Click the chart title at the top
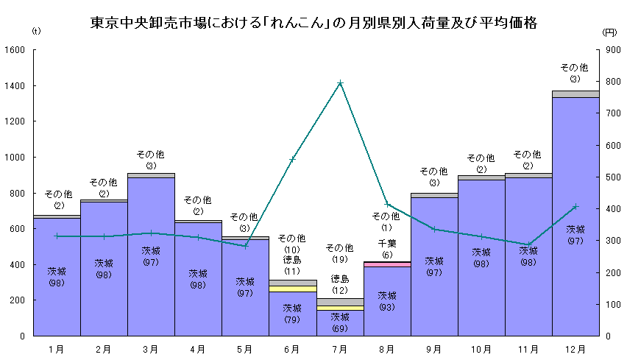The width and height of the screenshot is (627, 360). click(x=313, y=23)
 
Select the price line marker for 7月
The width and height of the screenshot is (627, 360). click(x=340, y=83)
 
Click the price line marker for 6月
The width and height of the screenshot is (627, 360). click(x=292, y=159)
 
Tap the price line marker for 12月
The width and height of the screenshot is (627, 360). click(x=575, y=206)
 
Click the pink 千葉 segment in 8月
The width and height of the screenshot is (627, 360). click(x=387, y=264)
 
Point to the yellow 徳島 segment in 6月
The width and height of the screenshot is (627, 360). click(x=292, y=289)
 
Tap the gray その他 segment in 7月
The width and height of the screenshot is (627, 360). click(x=340, y=302)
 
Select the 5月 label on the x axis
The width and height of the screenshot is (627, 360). click(x=245, y=349)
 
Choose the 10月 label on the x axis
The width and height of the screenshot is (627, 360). click(x=481, y=349)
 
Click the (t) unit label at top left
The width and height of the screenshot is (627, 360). click(x=37, y=32)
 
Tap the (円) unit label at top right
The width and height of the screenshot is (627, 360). click(x=609, y=32)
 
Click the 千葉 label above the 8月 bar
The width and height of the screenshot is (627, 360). click(x=387, y=244)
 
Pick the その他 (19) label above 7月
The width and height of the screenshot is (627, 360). click(x=340, y=253)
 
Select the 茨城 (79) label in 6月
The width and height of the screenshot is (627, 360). click(x=292, y=313)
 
